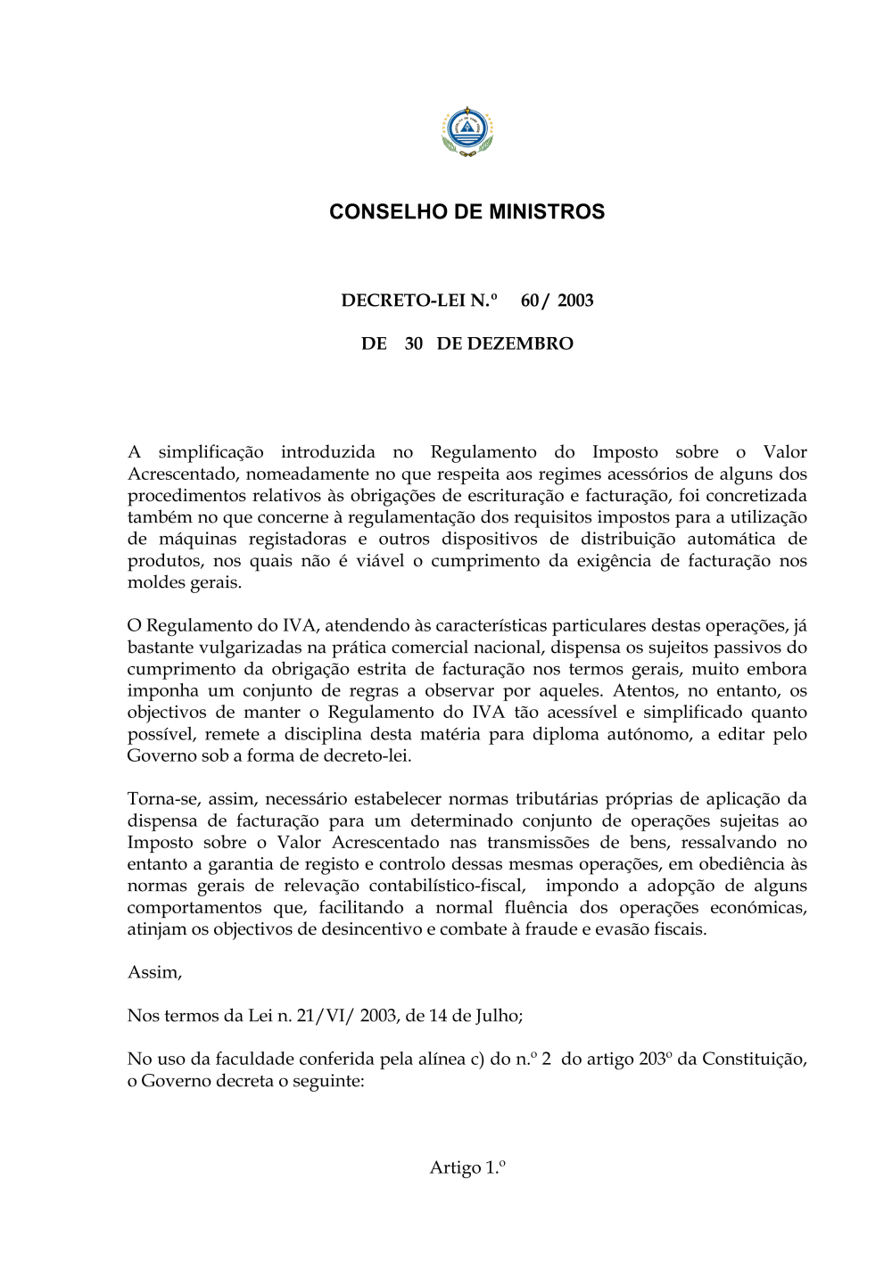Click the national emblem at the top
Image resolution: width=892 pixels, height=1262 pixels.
tap(467, 131)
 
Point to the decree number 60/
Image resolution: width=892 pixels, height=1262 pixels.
tap(534, 301)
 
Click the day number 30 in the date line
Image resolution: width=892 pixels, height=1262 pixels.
tap(414, 344)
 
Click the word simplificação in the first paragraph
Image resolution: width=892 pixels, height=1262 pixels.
tap(211, 452)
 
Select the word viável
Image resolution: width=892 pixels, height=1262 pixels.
tap(380, 561)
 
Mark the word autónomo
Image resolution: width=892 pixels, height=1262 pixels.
tap(646, 734)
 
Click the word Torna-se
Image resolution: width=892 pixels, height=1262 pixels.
tap(162, 799)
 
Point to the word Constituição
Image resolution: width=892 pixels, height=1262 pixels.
tap(754, 1059)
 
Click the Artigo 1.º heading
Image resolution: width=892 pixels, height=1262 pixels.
tap(467, 1167)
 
